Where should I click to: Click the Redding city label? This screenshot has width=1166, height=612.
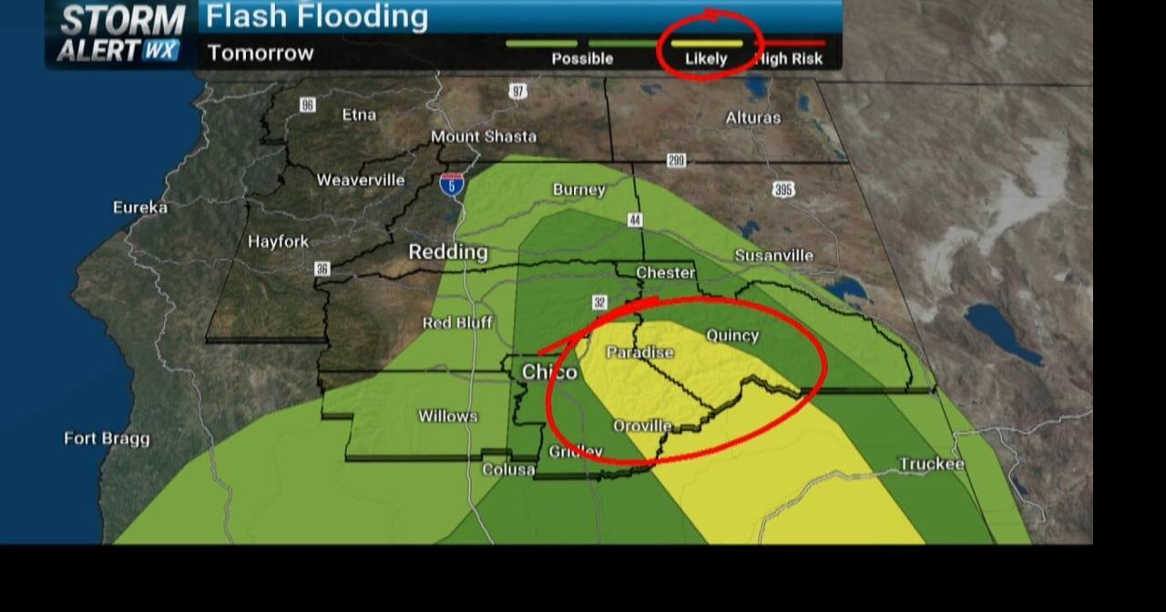(447, 252)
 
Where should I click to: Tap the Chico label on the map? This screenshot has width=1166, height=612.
(549, 372)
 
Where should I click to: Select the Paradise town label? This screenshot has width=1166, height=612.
(640, 352)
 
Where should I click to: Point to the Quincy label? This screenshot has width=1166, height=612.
(732, 335)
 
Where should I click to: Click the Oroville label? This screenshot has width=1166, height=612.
(642, 425)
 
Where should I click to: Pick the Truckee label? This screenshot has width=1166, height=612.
(931, 464)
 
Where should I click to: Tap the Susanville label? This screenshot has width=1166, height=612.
(773, 255)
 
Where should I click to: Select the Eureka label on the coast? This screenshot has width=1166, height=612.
(140, 208)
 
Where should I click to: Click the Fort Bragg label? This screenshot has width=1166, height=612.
(107, 439)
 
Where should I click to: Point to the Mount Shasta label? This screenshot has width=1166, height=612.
(484, 137)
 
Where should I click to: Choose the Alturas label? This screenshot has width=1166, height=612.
(752, 118)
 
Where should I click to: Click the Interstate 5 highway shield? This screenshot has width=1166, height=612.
(451, 185)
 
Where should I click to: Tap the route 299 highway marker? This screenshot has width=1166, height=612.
(676, 161)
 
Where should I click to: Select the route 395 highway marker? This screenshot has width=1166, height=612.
(783, 189)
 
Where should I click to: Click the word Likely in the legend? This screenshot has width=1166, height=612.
(706, 59)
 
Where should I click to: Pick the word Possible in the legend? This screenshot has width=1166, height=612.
(582, 59)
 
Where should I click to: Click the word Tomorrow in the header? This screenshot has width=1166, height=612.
(261, 53)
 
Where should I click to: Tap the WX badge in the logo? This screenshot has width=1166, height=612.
(161, 50)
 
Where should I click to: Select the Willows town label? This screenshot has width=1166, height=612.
(447, 416)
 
